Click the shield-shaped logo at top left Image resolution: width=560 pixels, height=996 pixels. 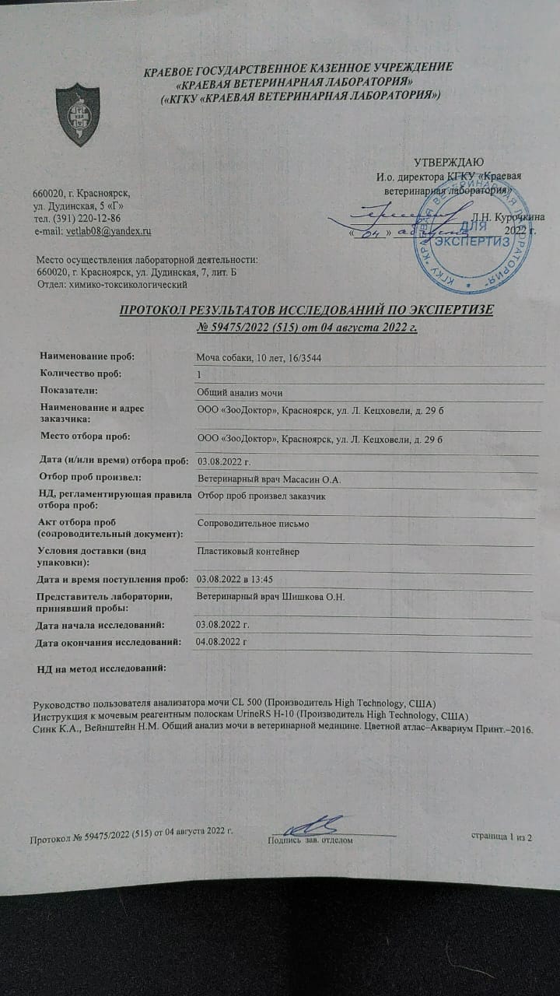[78, 114]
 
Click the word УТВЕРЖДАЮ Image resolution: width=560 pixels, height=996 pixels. [448, 163]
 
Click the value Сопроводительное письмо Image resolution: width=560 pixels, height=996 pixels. [254, 524]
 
